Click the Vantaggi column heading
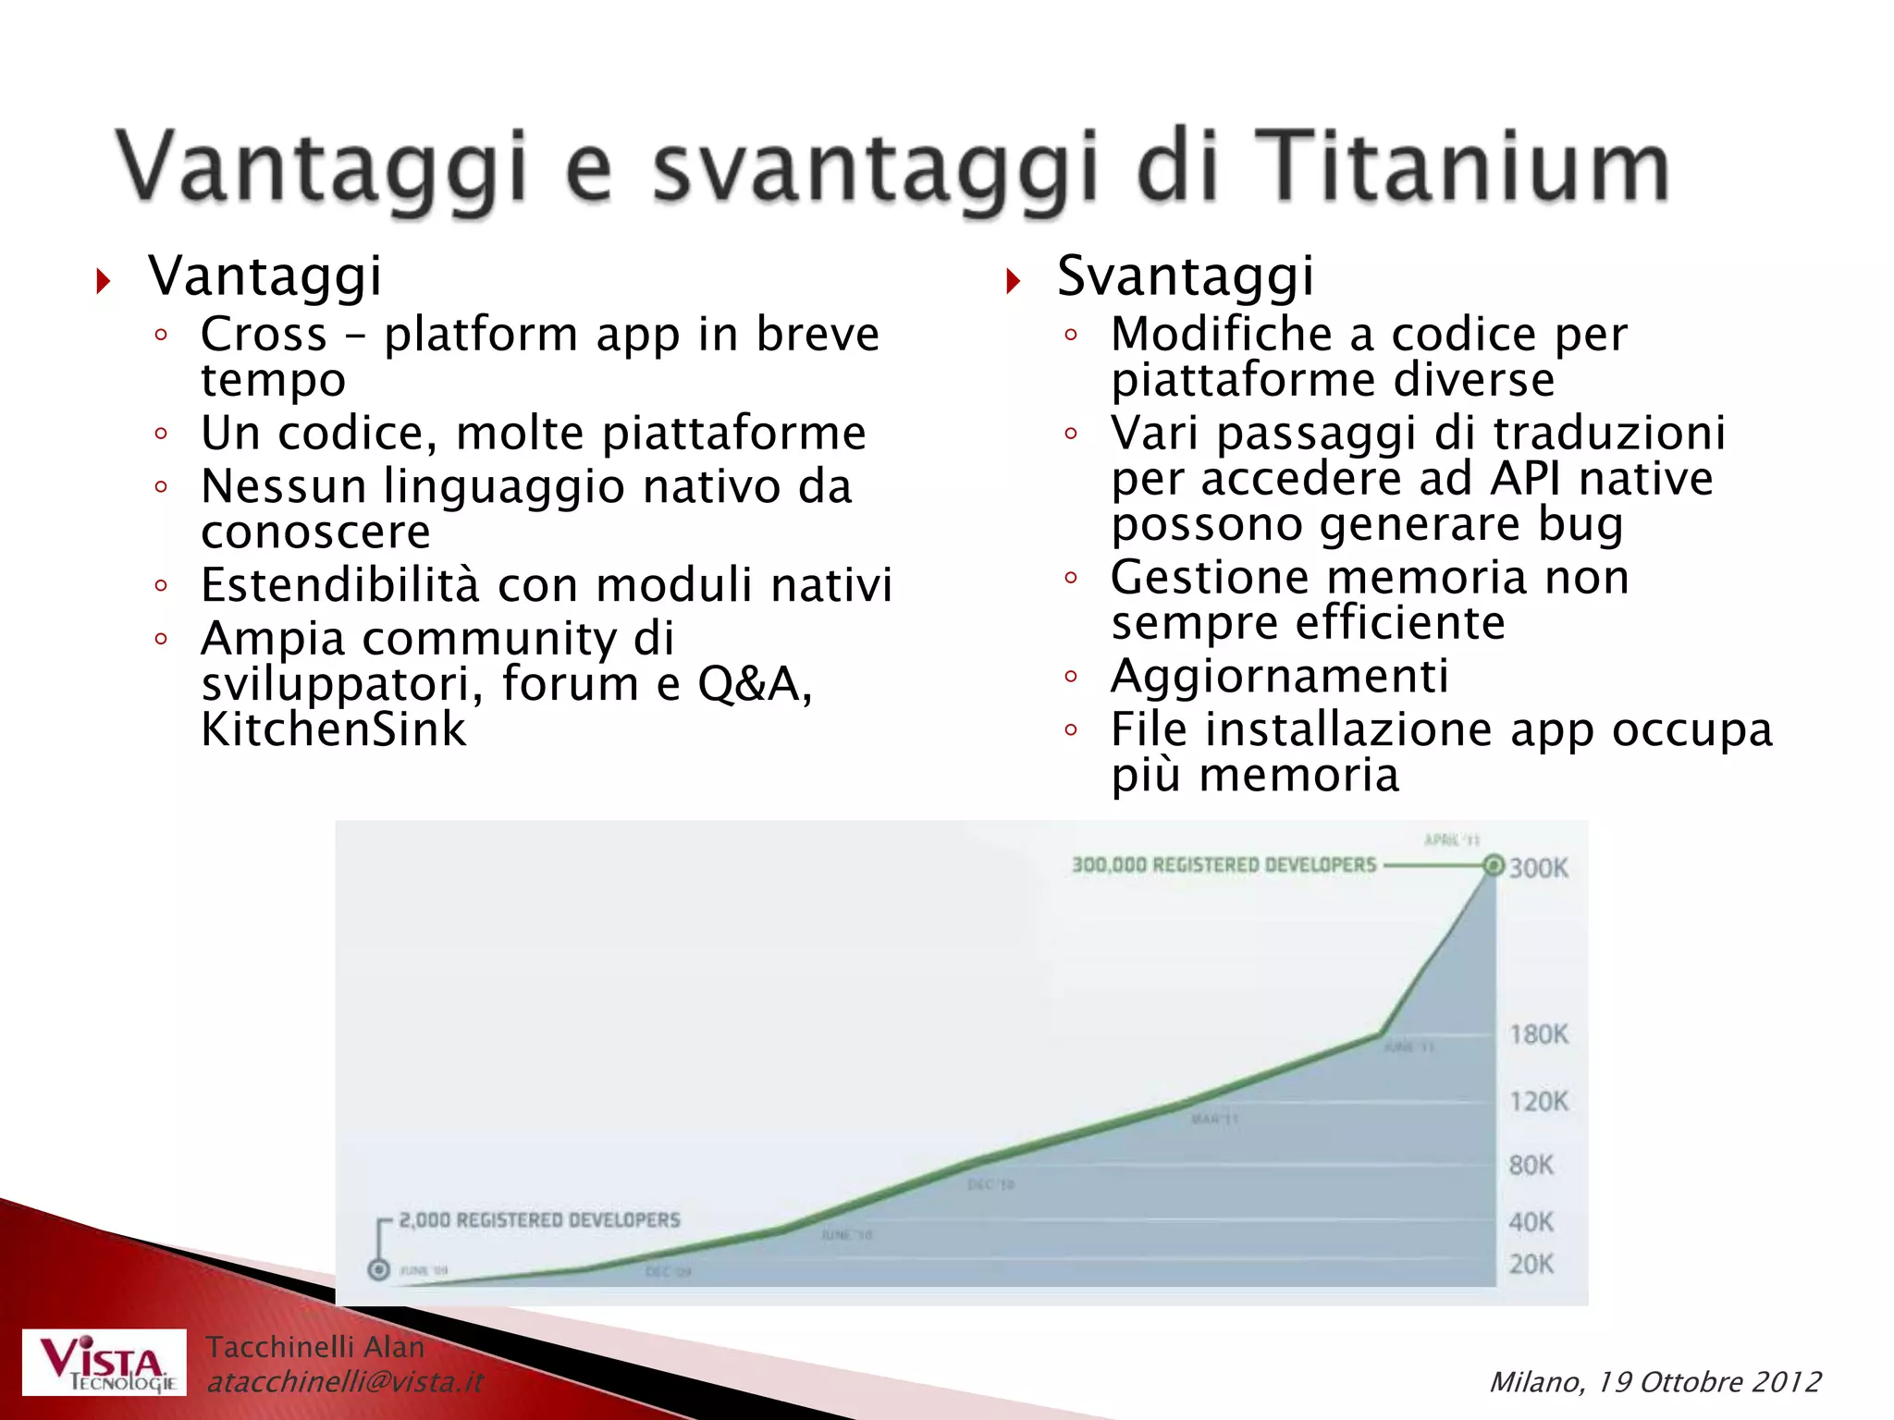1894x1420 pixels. pos(264,275)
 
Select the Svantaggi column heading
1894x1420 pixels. pos(1185,275)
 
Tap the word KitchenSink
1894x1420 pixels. pos(333,728)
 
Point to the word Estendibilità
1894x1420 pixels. pos(340,584)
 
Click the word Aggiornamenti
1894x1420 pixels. pos(1279,676)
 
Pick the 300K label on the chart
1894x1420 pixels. pos(1539,868)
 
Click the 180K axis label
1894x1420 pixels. pos(1539,1034)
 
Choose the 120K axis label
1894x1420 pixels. pos(1539,1101)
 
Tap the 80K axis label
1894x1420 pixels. pos(1531,1165)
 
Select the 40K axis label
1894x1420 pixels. pos(1531,1222)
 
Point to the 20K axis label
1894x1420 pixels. pos(1531,1264)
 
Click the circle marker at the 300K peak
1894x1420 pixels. pos(1493,866)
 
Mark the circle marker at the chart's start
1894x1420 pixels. pos(378,1269)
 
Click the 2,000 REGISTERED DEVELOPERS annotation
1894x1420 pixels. pos(539,1220)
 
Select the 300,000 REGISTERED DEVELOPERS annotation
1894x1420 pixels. pos(1224,865)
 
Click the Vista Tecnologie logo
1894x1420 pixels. pos(105,1362)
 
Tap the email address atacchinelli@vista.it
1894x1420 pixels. pos(344,1382)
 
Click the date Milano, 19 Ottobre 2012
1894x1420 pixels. pos(1654,1382)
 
